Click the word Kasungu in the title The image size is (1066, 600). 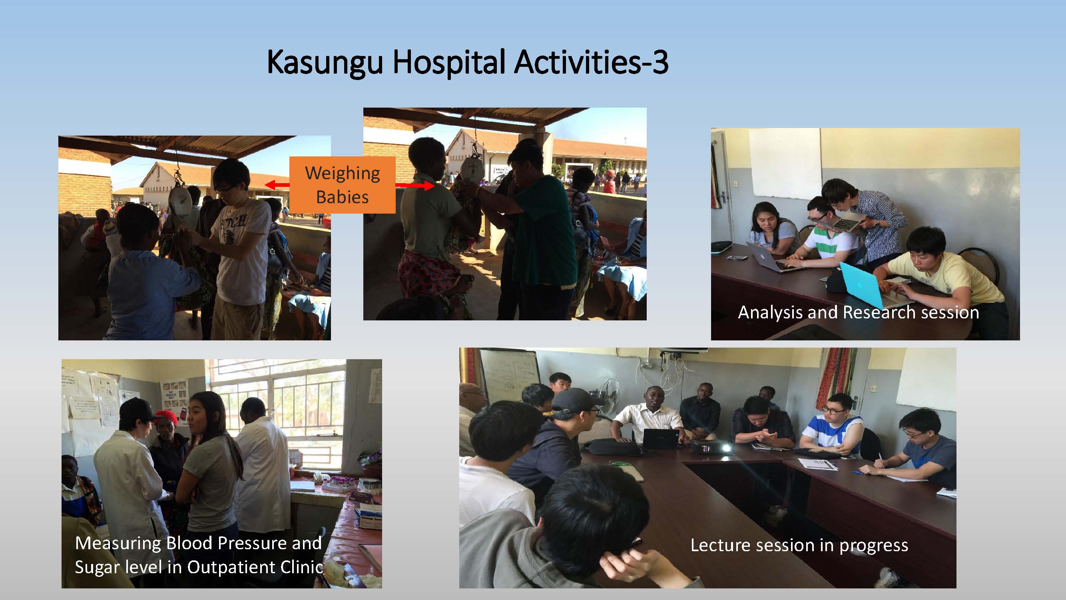click(x=325, y=63)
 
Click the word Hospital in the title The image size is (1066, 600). click(x=449, y=62)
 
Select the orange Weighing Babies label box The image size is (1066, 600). click(x=342, y=185)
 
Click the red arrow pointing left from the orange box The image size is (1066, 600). click(x=277, y=185)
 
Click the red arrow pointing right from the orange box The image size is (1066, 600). click(x=414, y=186)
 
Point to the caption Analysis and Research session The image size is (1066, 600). click(x=858, y=312)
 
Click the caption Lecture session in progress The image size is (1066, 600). click(x=799, y=545)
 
